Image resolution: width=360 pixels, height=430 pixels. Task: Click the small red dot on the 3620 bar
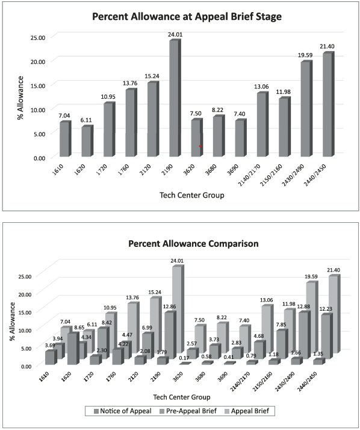tap(200, 146)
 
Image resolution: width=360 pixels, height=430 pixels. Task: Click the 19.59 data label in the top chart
tap(306, 55)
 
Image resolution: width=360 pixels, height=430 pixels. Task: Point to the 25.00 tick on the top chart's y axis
tap(38, 37)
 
